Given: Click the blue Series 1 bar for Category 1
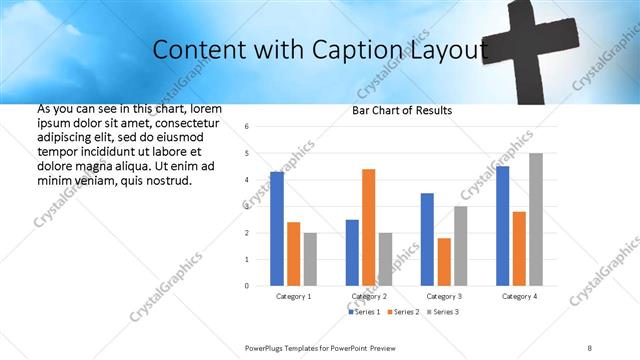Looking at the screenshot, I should pyautogui.click(x=276, y=229).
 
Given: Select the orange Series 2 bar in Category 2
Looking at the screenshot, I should pyautogui.click(x=368, y=227).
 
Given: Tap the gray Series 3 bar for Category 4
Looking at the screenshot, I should pyautogui.click(x=536, y=219).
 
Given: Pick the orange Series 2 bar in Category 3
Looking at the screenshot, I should pyautogui.click(x=444, y=262).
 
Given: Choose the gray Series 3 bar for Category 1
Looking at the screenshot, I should pyautogui.click(x=310, y=259).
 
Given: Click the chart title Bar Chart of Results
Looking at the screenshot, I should pyautogui.click(x=402, y=110).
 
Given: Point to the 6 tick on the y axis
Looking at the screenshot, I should pyautogui.click(x=247, y=127).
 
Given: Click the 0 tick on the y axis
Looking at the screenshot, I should pyautogui.click(x=247, y=286).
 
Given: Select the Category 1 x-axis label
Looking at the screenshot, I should pyautogui.click(x=293, y=297).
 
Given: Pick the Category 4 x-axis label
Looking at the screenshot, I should pyautogui.click(x=519, y=297).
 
